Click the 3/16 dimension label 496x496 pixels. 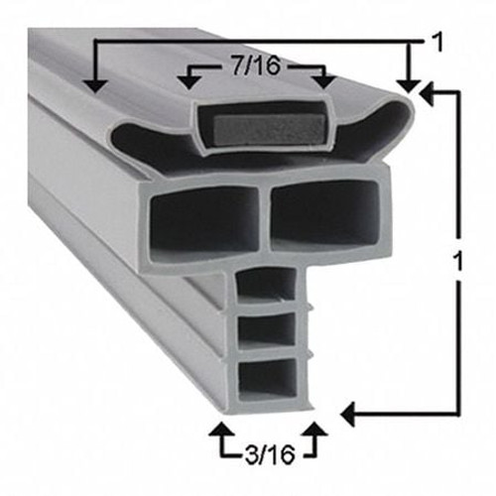(x=266, y=457)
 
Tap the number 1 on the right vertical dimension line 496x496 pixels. (x=456, y=263)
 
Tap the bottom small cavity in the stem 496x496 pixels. (x=268, y=375)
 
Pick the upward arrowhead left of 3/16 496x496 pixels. (x=219, y=431)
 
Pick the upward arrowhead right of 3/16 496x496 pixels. (x=316, y=431)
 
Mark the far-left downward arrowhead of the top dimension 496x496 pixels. (x=95, y=84)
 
